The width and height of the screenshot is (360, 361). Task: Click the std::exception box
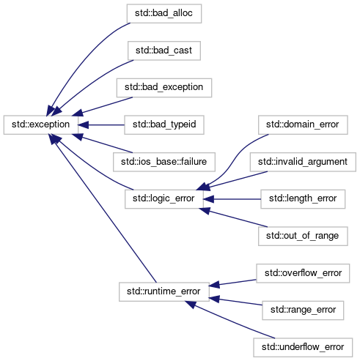[x=41, y=124]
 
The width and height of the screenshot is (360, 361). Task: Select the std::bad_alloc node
[x=164, y=14]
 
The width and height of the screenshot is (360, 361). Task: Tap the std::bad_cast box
[x=164, y=51]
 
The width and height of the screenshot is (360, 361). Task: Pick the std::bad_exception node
[x=164, y=88]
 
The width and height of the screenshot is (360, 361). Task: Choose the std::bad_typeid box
[x=164, y=125]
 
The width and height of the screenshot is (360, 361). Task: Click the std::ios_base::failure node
[x=164, y=162]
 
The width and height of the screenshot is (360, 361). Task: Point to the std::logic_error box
[x=164, y=199]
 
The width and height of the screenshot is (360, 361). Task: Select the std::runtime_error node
[x=164, y=292]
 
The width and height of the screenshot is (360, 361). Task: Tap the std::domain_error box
[x=303, y=125]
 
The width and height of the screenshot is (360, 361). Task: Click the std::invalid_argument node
[x=303, y=162]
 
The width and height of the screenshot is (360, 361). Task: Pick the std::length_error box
[x=303, y=199]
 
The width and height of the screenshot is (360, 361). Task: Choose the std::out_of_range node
[x=303, y=237]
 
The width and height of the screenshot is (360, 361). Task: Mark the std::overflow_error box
[x=303, y=273]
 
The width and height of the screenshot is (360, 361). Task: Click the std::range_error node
[x=303, y=310]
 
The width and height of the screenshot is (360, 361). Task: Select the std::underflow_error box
[x=303, y=348]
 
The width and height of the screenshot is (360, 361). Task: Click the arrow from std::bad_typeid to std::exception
[x=101, y=125]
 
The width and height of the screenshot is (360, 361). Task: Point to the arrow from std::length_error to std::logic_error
[x=232, y=199]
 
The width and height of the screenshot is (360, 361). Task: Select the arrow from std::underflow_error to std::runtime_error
[x=229, y=320]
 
